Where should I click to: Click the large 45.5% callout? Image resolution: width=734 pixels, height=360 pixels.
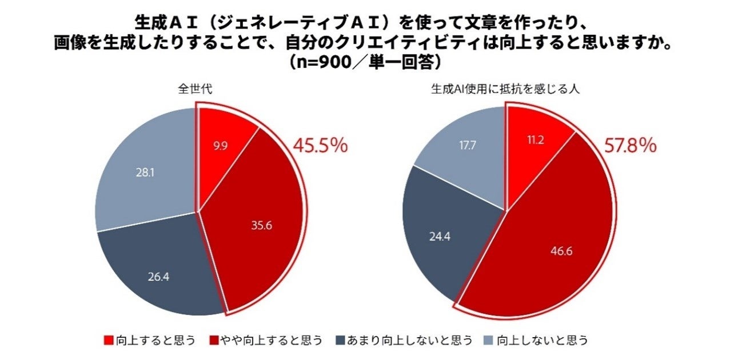[320, 146]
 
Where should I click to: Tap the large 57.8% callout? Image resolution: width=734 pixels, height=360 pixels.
[630, 146]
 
